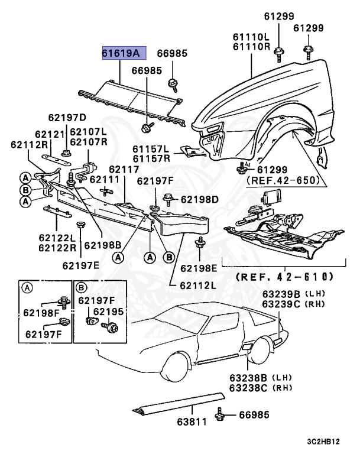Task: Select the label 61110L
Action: [251, 37]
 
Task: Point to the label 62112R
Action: [28, 144]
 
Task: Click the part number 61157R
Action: [151, 158]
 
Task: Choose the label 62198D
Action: [199, 199]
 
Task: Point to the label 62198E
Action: [199, 268]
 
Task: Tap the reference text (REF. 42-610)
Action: [284, 277]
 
